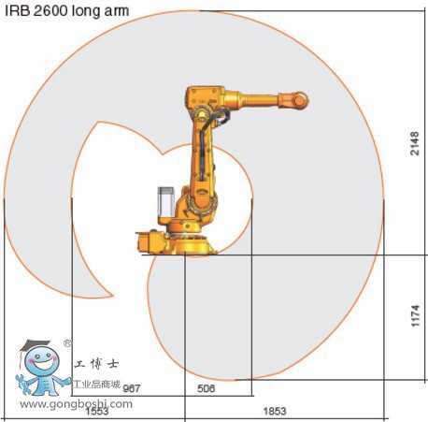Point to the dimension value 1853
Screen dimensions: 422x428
pyautogui.click(x=274, y=411)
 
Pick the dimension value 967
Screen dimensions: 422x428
pyautogui.click(x=132, y=387)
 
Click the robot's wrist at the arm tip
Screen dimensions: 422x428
pyautogui.click(x=297, y=98)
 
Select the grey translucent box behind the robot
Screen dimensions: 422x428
pyautogui.click(x=164, y=203)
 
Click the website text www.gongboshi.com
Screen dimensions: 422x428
pyautogui.click(x=76, y=404)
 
